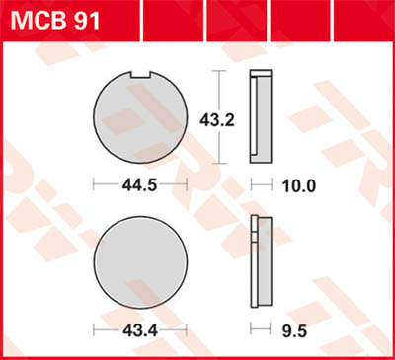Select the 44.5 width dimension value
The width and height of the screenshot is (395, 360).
pos(139,185)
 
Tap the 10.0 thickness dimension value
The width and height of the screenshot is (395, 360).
pos(298,185)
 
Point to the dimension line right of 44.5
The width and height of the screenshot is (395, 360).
pos(176,185)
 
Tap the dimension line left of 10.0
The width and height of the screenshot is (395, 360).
pos(262,185)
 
